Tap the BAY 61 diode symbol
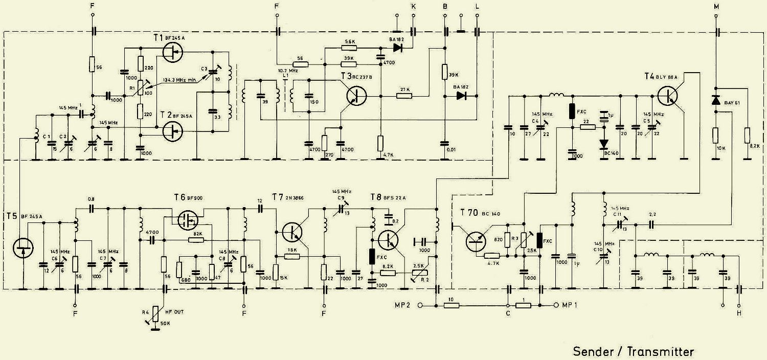tap(715, 101)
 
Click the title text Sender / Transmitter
tap(633, 352)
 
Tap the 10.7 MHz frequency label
tap(288, 70)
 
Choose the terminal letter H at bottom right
tap(738, 313)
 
